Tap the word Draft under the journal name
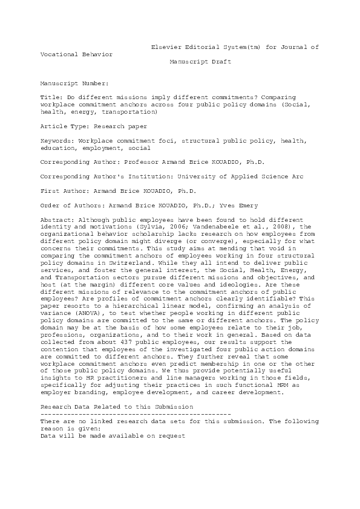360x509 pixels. tap(220, 62)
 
